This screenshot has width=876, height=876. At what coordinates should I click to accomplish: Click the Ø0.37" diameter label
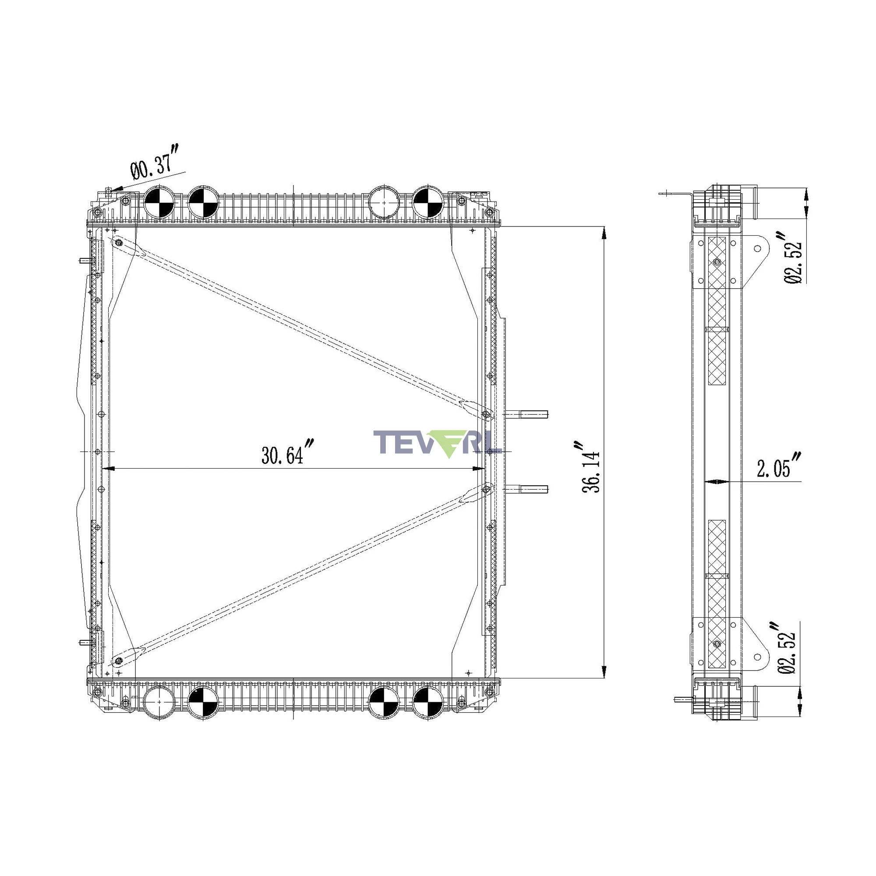point(155,162)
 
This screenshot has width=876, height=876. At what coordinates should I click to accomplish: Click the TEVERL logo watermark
point(437,443)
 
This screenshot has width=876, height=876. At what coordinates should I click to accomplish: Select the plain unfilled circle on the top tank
point(384,202)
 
